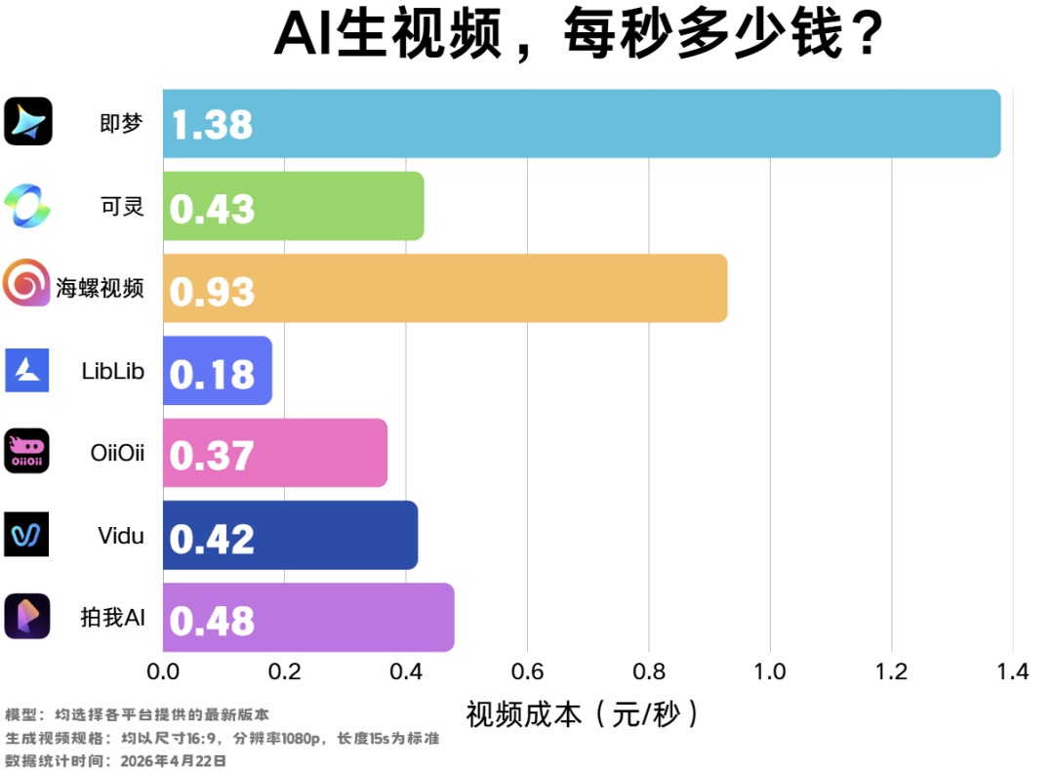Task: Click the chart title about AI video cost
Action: tap(579, 37)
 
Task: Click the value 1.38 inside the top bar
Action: tap(212, 125)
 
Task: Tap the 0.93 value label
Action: tap(212, 291)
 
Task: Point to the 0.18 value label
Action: tap(212, 374)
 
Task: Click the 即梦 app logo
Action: tap(27, 122)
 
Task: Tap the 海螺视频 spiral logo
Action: tap(27, 284)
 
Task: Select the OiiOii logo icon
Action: tap(26, 451)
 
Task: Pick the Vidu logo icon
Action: tap(26, 534)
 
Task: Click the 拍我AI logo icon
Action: tap(26, 617)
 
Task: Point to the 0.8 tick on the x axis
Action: tap(649, 672)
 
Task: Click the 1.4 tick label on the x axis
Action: tap(1012, 672)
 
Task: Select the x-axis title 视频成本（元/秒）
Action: tap(584, 714)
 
